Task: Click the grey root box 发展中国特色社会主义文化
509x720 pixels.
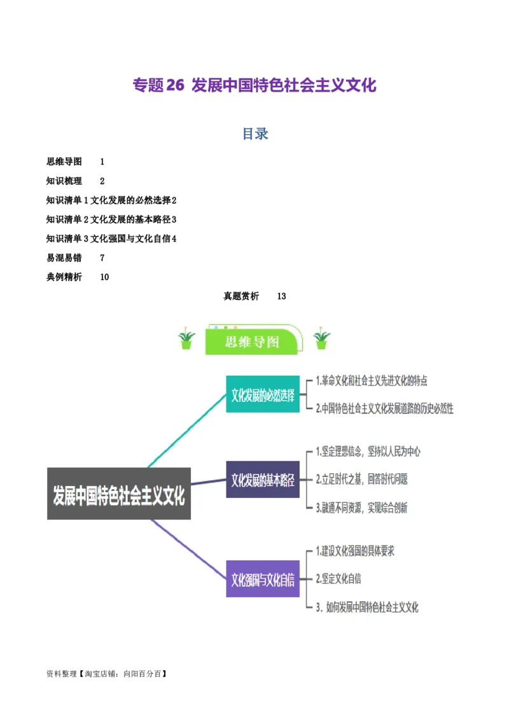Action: (119, 494)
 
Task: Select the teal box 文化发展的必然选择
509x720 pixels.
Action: (263, 394)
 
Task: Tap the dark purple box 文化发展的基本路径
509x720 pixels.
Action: (263, 479)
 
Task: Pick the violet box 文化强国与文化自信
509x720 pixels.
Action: (263, 578)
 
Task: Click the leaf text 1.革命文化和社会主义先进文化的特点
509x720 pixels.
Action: (372, 381)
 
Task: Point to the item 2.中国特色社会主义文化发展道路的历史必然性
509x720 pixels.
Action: (385, 408)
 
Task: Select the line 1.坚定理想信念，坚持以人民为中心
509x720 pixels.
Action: (368, 452)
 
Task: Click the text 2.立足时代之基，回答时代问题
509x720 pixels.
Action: (362, 479)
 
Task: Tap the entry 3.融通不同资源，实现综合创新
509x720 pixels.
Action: (362, 507)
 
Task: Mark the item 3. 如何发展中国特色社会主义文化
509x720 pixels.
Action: (367, 607)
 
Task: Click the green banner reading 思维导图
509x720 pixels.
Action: (253, 342)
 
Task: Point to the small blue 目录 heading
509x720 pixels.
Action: (254, 134)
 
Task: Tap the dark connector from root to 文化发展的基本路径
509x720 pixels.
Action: (209, 483)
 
